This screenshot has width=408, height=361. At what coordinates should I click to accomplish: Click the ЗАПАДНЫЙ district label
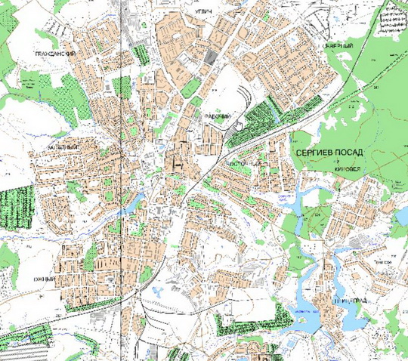pyautogui.click(x=62, y=147)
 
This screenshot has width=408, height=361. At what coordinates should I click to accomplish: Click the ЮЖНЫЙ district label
pyautogui.click(x=45, y=279)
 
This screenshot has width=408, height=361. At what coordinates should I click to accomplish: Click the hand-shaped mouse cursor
pyautogui.click(x=238, y=123)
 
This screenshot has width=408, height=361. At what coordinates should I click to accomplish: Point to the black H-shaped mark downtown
pyautogui.click(x=179, y=160)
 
